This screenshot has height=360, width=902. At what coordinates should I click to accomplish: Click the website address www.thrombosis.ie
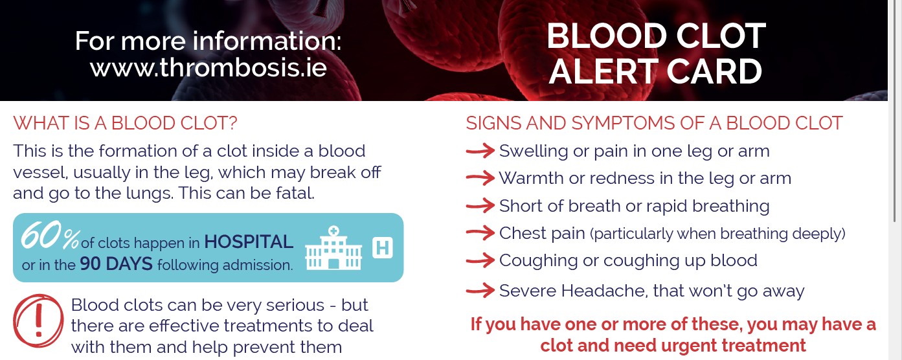(208, 67)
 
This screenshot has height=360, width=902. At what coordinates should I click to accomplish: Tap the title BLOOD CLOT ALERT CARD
(656, 54)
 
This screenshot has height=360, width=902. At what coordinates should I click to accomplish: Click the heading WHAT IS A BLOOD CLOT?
(126, 123)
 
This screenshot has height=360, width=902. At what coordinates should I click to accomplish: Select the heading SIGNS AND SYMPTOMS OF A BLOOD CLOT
(654, 123)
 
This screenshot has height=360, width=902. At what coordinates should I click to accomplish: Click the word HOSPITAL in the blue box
(249, 242)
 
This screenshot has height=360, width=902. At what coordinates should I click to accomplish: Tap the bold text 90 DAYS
(117, 264)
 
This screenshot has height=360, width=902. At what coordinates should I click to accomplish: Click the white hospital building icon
(333, 249)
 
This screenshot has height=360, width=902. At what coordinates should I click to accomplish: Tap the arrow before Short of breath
(480, 206)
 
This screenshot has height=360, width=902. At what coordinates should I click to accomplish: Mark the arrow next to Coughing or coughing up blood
(480, 260)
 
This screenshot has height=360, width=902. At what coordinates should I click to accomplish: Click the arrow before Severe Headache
(480, 291)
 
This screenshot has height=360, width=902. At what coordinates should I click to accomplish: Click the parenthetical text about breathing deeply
(717, 234)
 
